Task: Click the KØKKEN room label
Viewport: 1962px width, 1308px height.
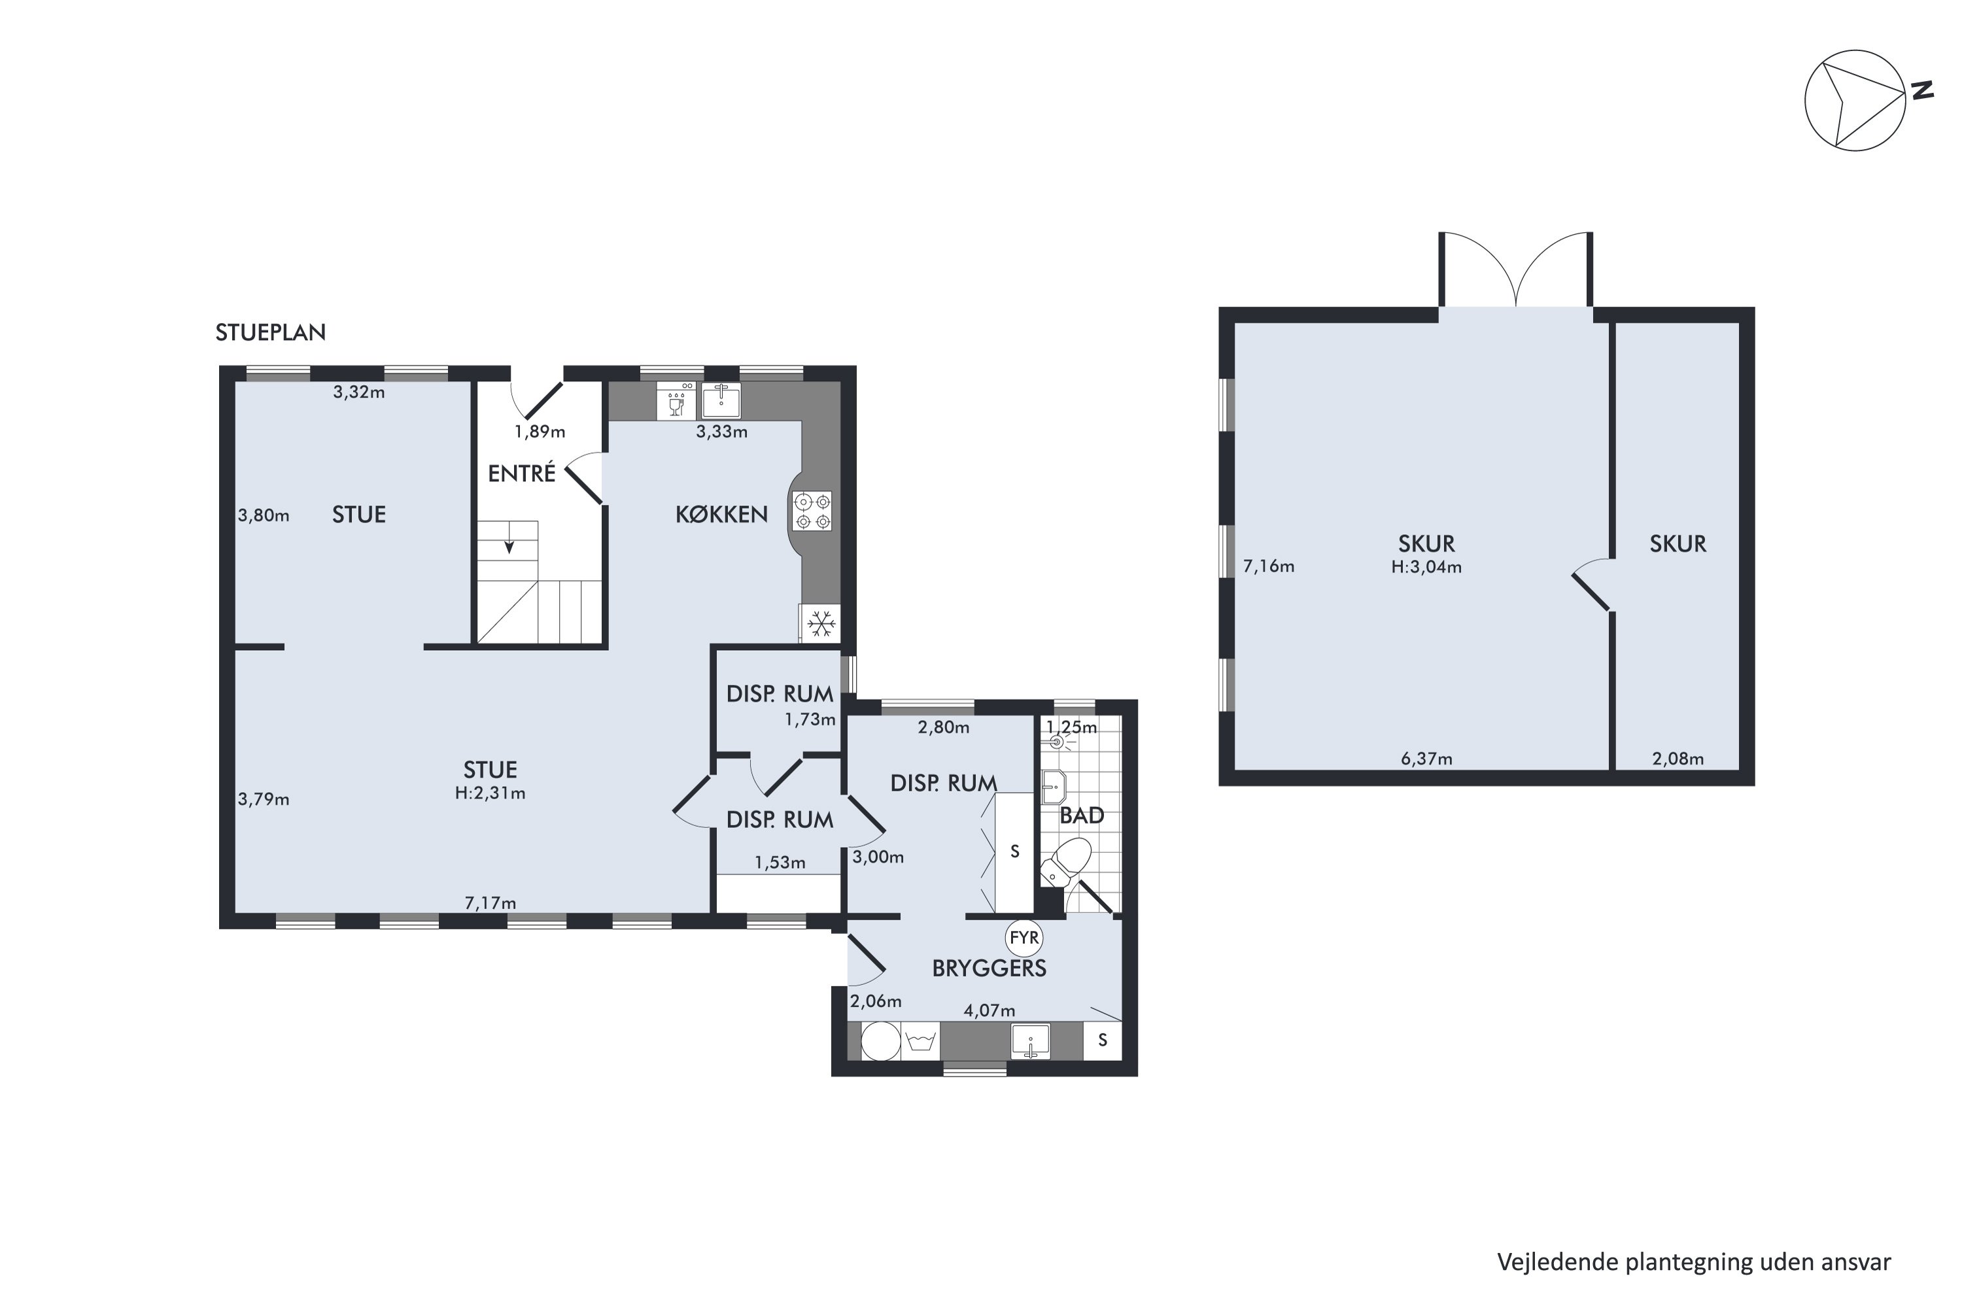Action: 721,515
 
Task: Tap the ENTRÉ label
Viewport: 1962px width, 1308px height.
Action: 521,473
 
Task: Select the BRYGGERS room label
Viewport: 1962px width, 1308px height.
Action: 990,969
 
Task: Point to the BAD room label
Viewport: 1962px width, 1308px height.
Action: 1082,816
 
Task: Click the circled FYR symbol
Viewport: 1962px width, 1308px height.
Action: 1024,938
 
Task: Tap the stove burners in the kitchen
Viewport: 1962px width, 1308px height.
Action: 812,511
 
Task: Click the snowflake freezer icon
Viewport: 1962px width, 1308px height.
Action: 821,624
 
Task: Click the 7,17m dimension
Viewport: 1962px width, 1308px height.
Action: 490,903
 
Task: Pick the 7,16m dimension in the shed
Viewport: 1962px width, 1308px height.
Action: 1269,566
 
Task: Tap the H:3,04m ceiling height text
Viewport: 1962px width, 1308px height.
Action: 1426,567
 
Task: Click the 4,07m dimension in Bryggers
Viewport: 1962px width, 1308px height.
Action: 990,1010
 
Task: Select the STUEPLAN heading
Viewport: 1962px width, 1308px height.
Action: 270,332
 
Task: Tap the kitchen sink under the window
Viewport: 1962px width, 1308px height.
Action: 721,400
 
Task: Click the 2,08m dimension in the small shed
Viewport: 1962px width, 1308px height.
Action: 1678,759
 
